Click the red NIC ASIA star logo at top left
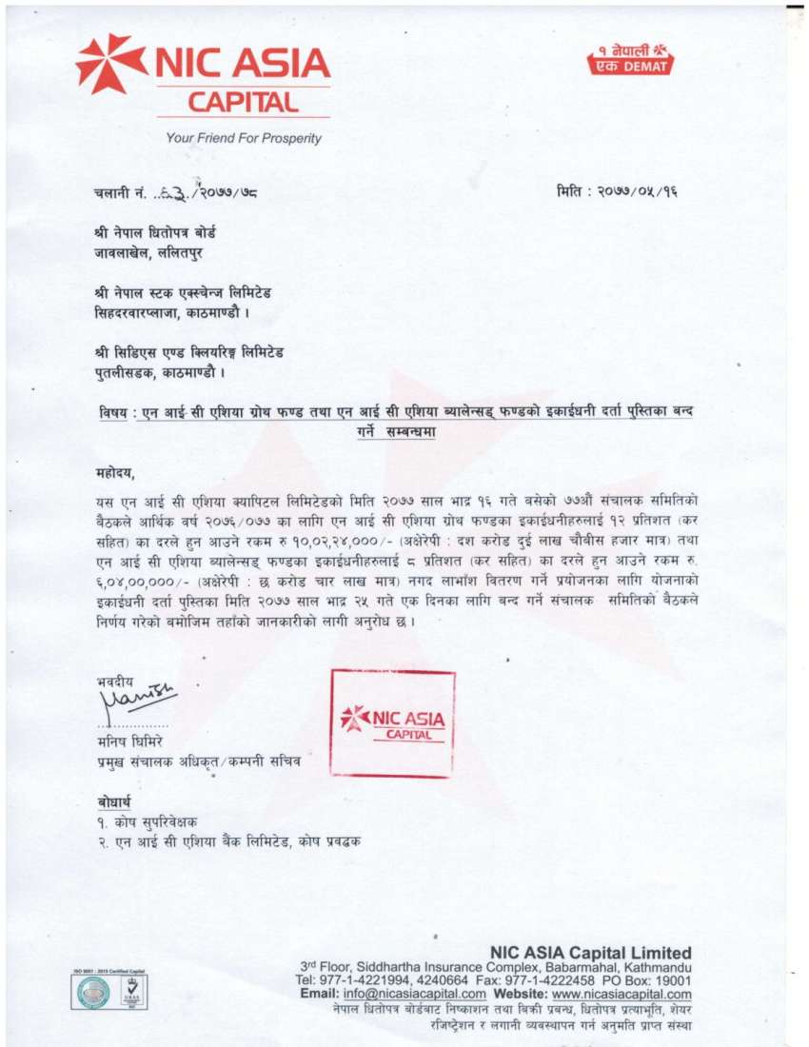tap(110, 64)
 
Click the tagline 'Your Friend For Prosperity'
tap(244, 138)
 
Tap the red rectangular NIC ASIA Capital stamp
tap(392, 722)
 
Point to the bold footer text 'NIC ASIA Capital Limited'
tap(591, 953)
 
